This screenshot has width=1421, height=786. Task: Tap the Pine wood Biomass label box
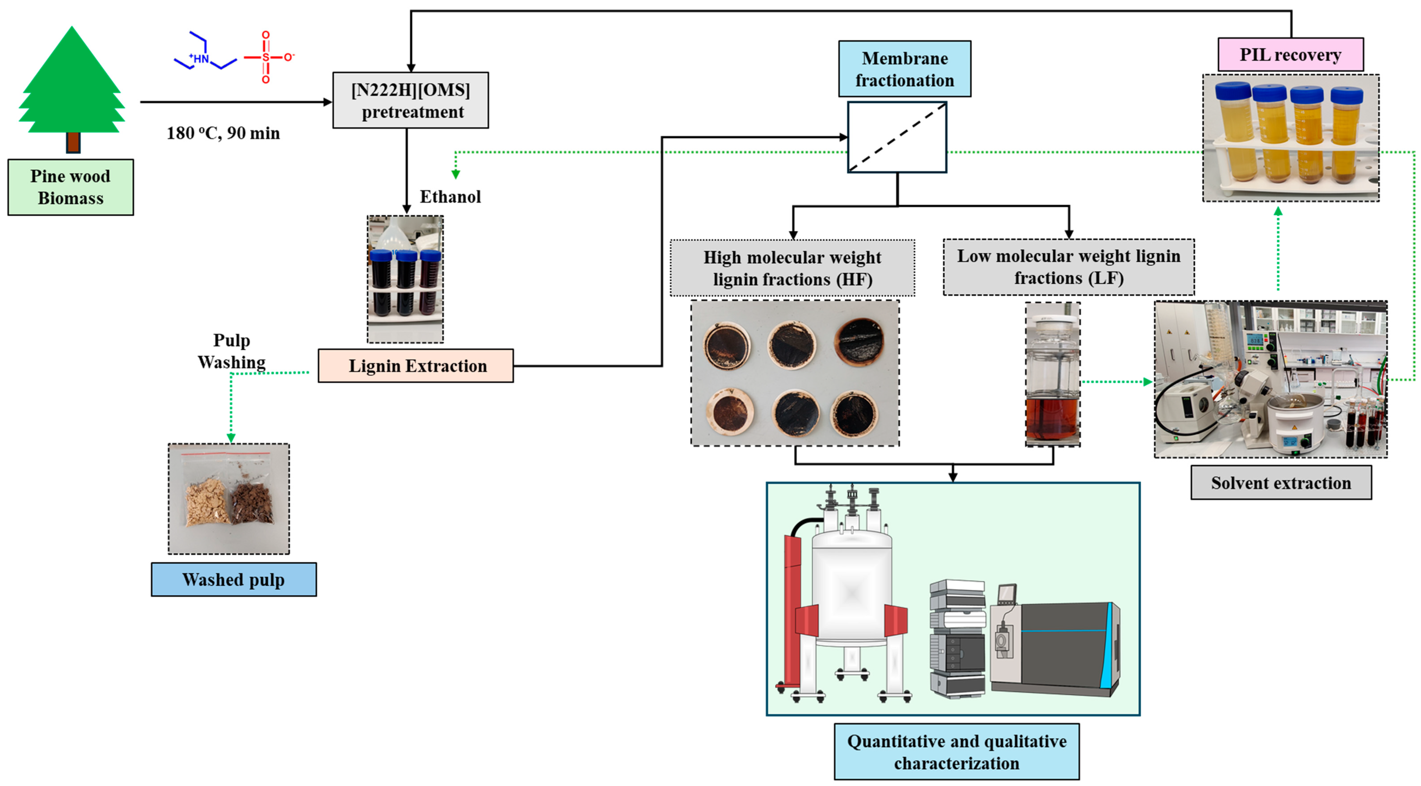(71, 187)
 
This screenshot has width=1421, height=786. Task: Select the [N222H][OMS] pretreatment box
(410, 100)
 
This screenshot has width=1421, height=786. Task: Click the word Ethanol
(450, 197)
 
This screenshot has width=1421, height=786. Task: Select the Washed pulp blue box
(234, 580)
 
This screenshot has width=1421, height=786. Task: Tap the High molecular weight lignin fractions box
(792, 268)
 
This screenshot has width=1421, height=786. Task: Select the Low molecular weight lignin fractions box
(1069, 267)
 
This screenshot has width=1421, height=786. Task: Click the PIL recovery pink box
(1290, 55)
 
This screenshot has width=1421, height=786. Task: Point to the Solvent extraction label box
(1281, 483)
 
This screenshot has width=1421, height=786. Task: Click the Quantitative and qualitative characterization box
(957, 752)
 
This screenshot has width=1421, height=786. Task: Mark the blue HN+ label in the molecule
(200, 58)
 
